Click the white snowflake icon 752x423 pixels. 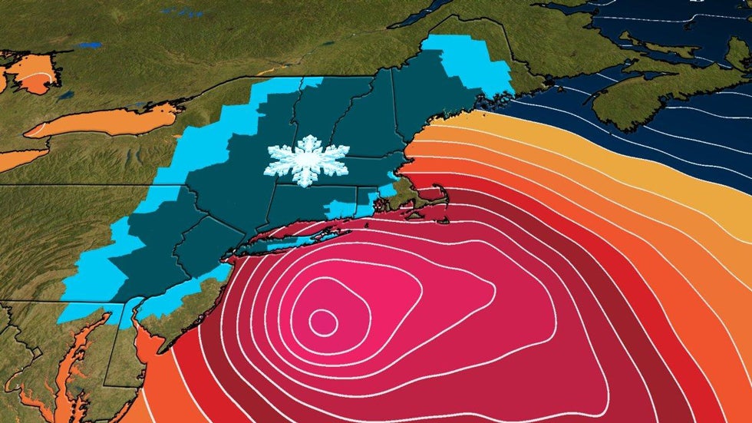(x=306, y=160)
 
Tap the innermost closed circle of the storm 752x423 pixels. (x=323, y=322)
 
